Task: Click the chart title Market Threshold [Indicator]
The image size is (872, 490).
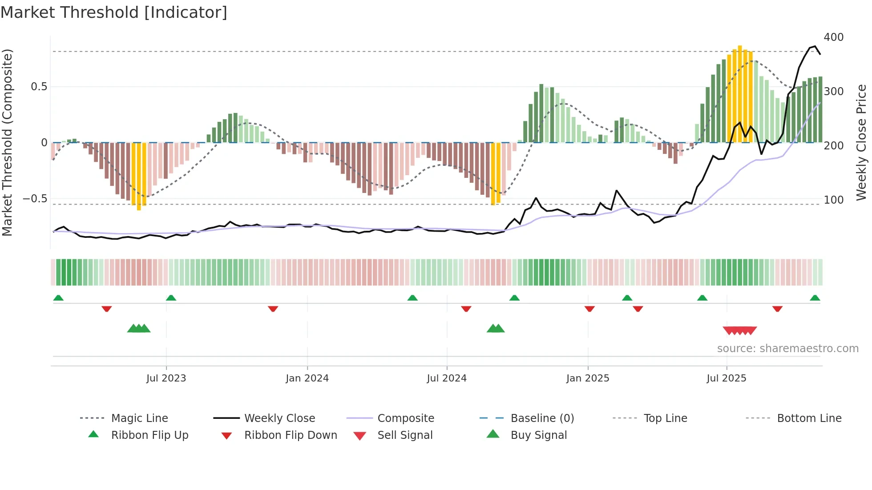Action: (114, 12)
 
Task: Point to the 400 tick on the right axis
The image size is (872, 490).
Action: (833, 37)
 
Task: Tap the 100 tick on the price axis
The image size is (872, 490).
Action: (833, 200)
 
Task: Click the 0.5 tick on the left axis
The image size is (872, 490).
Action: (39, 87)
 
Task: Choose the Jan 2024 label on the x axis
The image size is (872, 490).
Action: (307, 378)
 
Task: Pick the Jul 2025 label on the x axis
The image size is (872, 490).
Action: (726, 378)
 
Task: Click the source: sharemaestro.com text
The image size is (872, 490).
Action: (787, 349)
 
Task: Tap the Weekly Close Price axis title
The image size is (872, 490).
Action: (861, 142)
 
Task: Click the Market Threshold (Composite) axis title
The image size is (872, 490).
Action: (7, 142)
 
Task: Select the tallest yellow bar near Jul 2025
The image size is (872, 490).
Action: (739, 93)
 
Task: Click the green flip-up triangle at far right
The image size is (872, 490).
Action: (815, 298)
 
